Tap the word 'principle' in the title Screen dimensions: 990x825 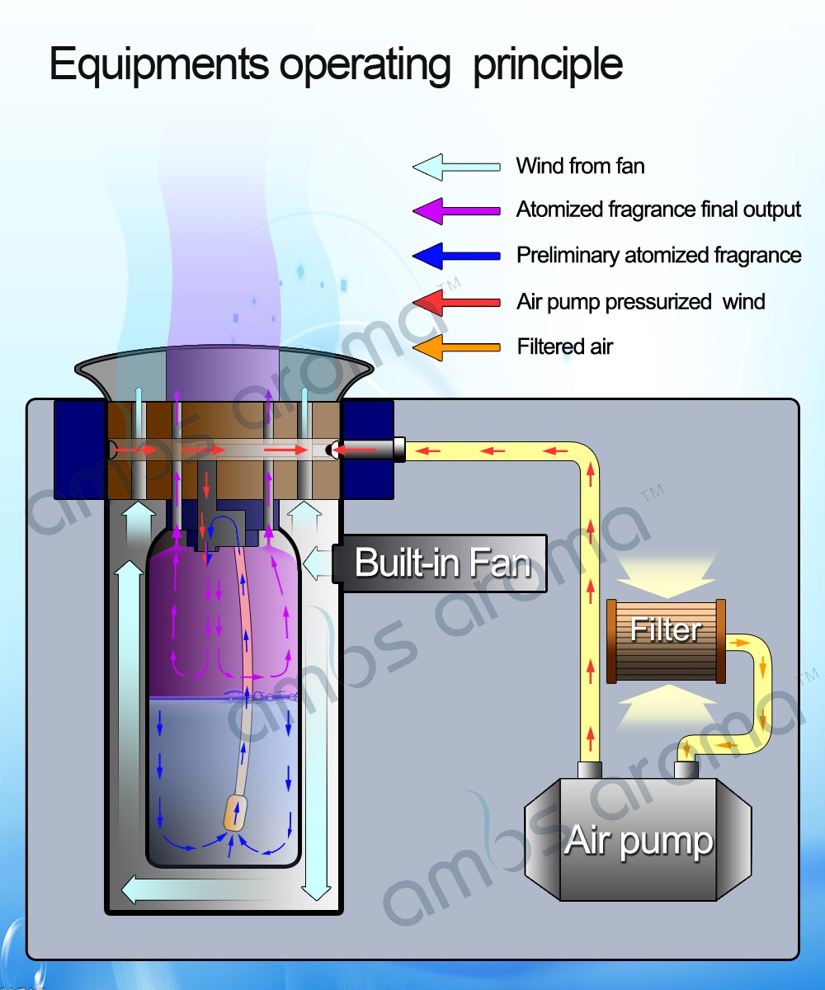point(547,64)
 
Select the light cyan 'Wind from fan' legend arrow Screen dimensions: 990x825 point(456,167)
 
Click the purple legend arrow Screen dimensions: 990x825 point(456,211)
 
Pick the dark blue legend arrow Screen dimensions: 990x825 point(456,257)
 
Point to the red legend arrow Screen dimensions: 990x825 point(456,303)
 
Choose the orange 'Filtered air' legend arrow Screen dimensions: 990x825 point(456,347)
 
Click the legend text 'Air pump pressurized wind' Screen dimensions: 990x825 point(640,302)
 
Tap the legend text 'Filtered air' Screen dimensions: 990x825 point(564,346)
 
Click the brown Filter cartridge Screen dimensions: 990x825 point(666,641)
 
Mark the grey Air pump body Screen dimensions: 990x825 point(639,841)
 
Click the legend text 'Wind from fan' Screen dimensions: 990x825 point(580,166)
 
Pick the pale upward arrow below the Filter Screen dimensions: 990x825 point(666,705)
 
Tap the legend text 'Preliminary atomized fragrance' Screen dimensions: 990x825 point(658,256)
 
